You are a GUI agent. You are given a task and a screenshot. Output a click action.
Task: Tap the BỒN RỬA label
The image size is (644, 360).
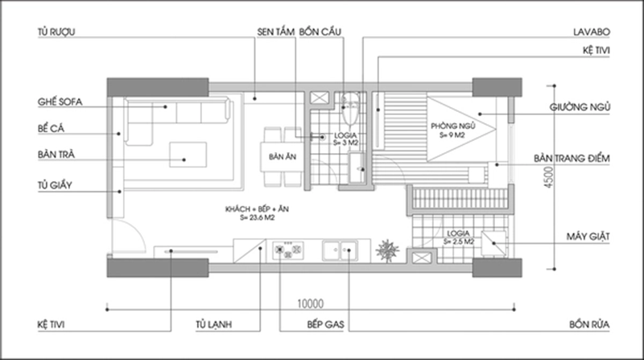(588, 326)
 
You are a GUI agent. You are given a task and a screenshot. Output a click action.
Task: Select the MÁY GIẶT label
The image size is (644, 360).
(587, 238)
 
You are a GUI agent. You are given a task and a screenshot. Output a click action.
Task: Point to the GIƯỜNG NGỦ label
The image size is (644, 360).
(581, 106)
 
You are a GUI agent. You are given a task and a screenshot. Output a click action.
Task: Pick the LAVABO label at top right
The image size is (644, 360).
(589, 34)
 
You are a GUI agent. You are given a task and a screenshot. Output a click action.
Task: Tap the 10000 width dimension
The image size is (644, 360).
(309, 304)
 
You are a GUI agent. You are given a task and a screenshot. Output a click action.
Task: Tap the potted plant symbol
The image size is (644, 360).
(389, 249)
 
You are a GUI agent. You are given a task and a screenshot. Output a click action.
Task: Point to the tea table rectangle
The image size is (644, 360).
(188, 153)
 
